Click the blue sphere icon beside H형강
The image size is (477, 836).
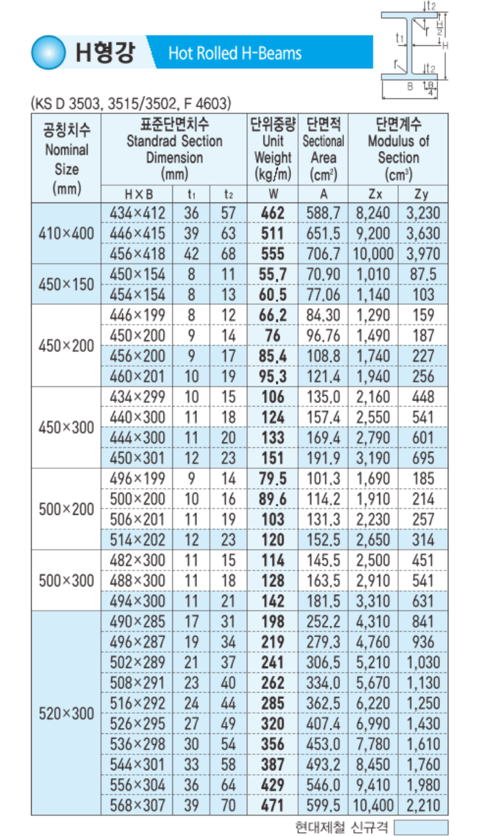coord(48,52)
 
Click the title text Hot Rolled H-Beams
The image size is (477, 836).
coord(235,54)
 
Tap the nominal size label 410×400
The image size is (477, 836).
coord(66,233)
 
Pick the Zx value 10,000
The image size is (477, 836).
coord(373,254)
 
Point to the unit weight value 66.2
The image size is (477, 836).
coord(273,315)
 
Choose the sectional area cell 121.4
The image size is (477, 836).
coord(323,376)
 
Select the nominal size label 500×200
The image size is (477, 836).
coord(66,509)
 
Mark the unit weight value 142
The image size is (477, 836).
coord(273,601)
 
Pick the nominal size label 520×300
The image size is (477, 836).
coord(66,714)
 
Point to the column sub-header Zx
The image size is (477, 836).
coord(373,193)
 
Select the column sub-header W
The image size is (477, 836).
coord(273,193)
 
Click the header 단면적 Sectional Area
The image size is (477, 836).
coord(323,149)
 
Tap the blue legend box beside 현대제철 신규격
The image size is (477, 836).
coord(420,827)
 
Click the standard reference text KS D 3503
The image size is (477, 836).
coord(69,103)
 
